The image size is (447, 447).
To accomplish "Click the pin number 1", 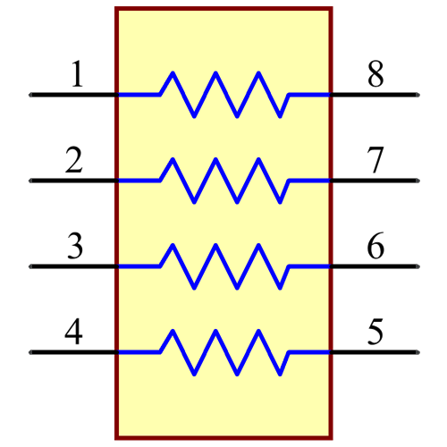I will click(x=77, y=75).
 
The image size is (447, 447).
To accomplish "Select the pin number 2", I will click(x=74, y=161).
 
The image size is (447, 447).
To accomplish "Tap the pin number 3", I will click(x=75, y=246).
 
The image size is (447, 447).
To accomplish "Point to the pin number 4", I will click(x=74, y=332).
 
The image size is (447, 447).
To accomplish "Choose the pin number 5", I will click(x=376, y=332).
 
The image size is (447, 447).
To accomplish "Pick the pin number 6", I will click(x=376, y=246).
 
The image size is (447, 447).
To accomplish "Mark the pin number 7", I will click(x=376, y=161).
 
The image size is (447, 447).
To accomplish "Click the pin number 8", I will click(x=376, y=75).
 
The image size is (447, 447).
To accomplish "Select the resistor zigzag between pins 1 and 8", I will click(x=223, y=94).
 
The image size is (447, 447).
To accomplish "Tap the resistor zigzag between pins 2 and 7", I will click(x=223, y=180).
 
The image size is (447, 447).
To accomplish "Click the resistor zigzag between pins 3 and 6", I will click(x=223, y=266).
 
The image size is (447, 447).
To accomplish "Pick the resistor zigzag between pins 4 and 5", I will click(x=223, y=351).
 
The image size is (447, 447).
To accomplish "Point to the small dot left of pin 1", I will click(x=30, y=94).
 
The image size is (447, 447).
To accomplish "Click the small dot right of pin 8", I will click(x=417, y=94).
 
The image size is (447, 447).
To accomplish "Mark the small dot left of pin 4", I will click(x=30, y=351).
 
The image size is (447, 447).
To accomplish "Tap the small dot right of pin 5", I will click(x=417, y=351).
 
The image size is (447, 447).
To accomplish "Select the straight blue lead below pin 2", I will click(x=139, y=180).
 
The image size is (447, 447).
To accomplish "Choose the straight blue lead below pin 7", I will click(x=309, y=180).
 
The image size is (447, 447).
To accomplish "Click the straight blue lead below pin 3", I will click(x=139, y=266).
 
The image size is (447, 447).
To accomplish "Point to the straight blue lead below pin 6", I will click(x=309, y=266).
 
